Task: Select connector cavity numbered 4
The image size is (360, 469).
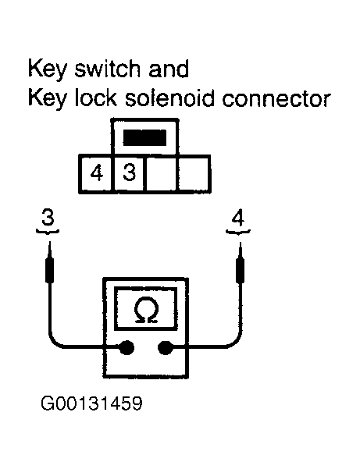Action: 96,173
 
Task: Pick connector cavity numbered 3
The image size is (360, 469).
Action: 130,173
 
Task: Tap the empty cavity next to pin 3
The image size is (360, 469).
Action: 162,173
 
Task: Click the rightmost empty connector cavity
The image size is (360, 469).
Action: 194,173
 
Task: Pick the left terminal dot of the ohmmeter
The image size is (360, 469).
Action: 125,349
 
